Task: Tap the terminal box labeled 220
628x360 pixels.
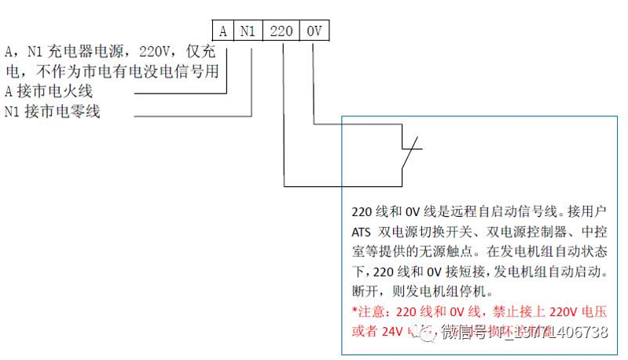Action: pyautogui.click(x=281, y=31)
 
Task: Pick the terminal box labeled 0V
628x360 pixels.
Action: pyautogui.click(x=314, y=31)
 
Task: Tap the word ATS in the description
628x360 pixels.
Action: pyautogui.click(x=360, y=232)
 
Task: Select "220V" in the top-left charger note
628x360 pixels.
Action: pyautogui.click(x=155, y=53)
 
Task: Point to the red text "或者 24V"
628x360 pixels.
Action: pyautogui.click(x=371, y=330)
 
